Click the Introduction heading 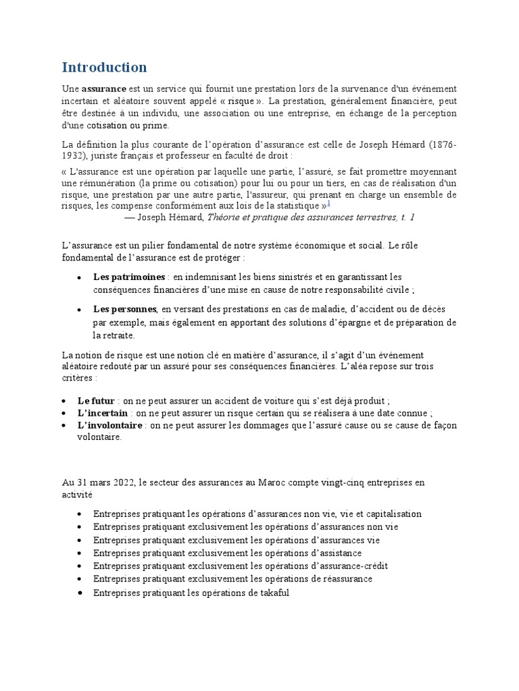[x=104, y=67]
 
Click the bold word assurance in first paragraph [x=104, y=89]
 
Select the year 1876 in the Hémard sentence [x=444, y=145]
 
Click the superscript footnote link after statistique [x=328, y=204]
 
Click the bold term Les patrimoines [x=129, y=277]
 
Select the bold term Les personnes [x=125, y=309]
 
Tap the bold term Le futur [x=95, y=400]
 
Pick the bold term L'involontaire [x=109, y=425]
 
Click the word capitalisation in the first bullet [x=391, y=514]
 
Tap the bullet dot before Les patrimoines [x=80, y=277]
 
